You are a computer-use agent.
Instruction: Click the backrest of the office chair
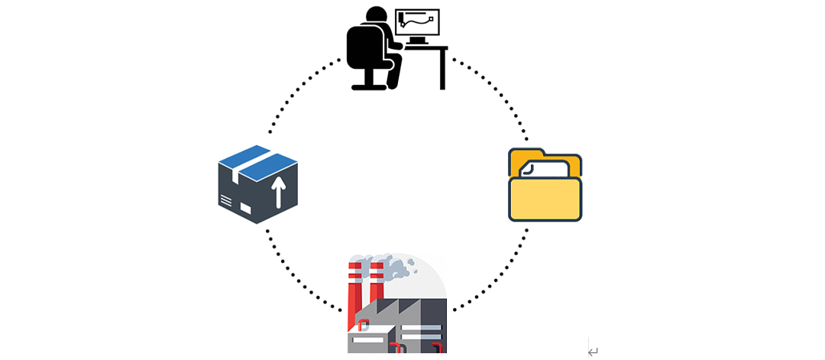tap(359, 46)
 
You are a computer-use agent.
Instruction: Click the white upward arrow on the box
tap(278, 192)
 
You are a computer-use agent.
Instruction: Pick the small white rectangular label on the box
tap(245, 208)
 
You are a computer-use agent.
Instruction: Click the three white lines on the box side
tap(226, 201)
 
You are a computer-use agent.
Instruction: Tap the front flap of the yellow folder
tap(545, 199)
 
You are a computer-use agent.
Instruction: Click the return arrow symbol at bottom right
tap(593, 352)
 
